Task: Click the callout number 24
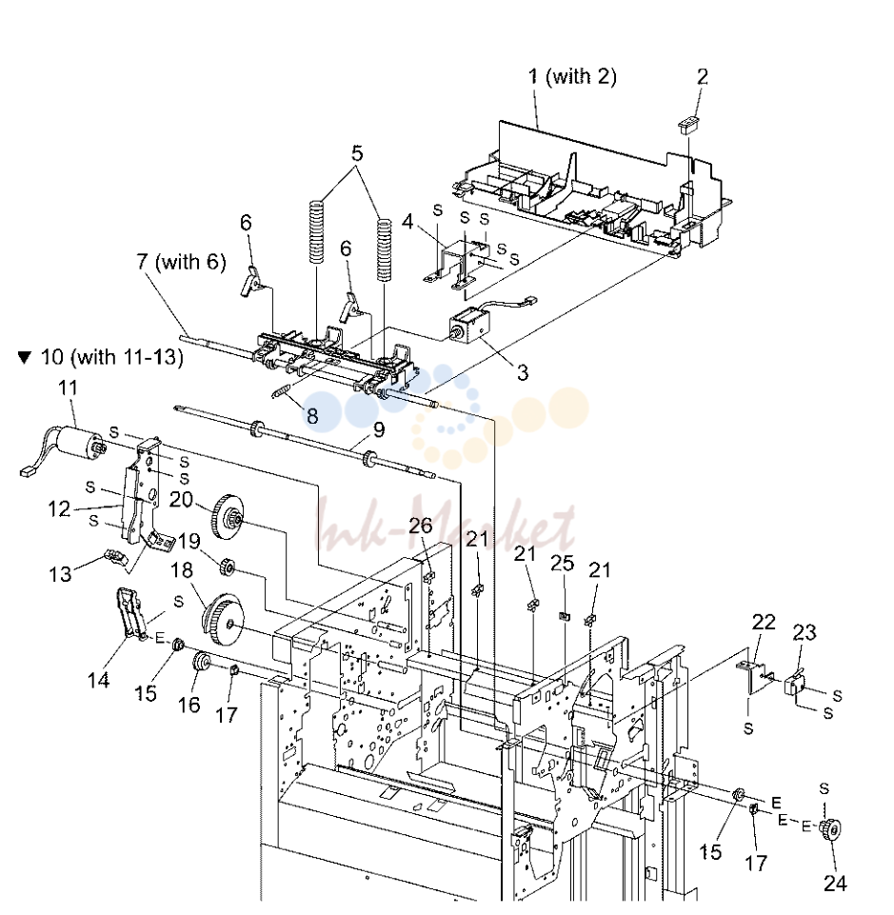pos(834,884)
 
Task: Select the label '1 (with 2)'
pos(572,76)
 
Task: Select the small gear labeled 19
pos(226,566)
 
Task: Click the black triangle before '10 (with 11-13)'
pos(24,357)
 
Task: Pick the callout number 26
pos(420,526)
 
